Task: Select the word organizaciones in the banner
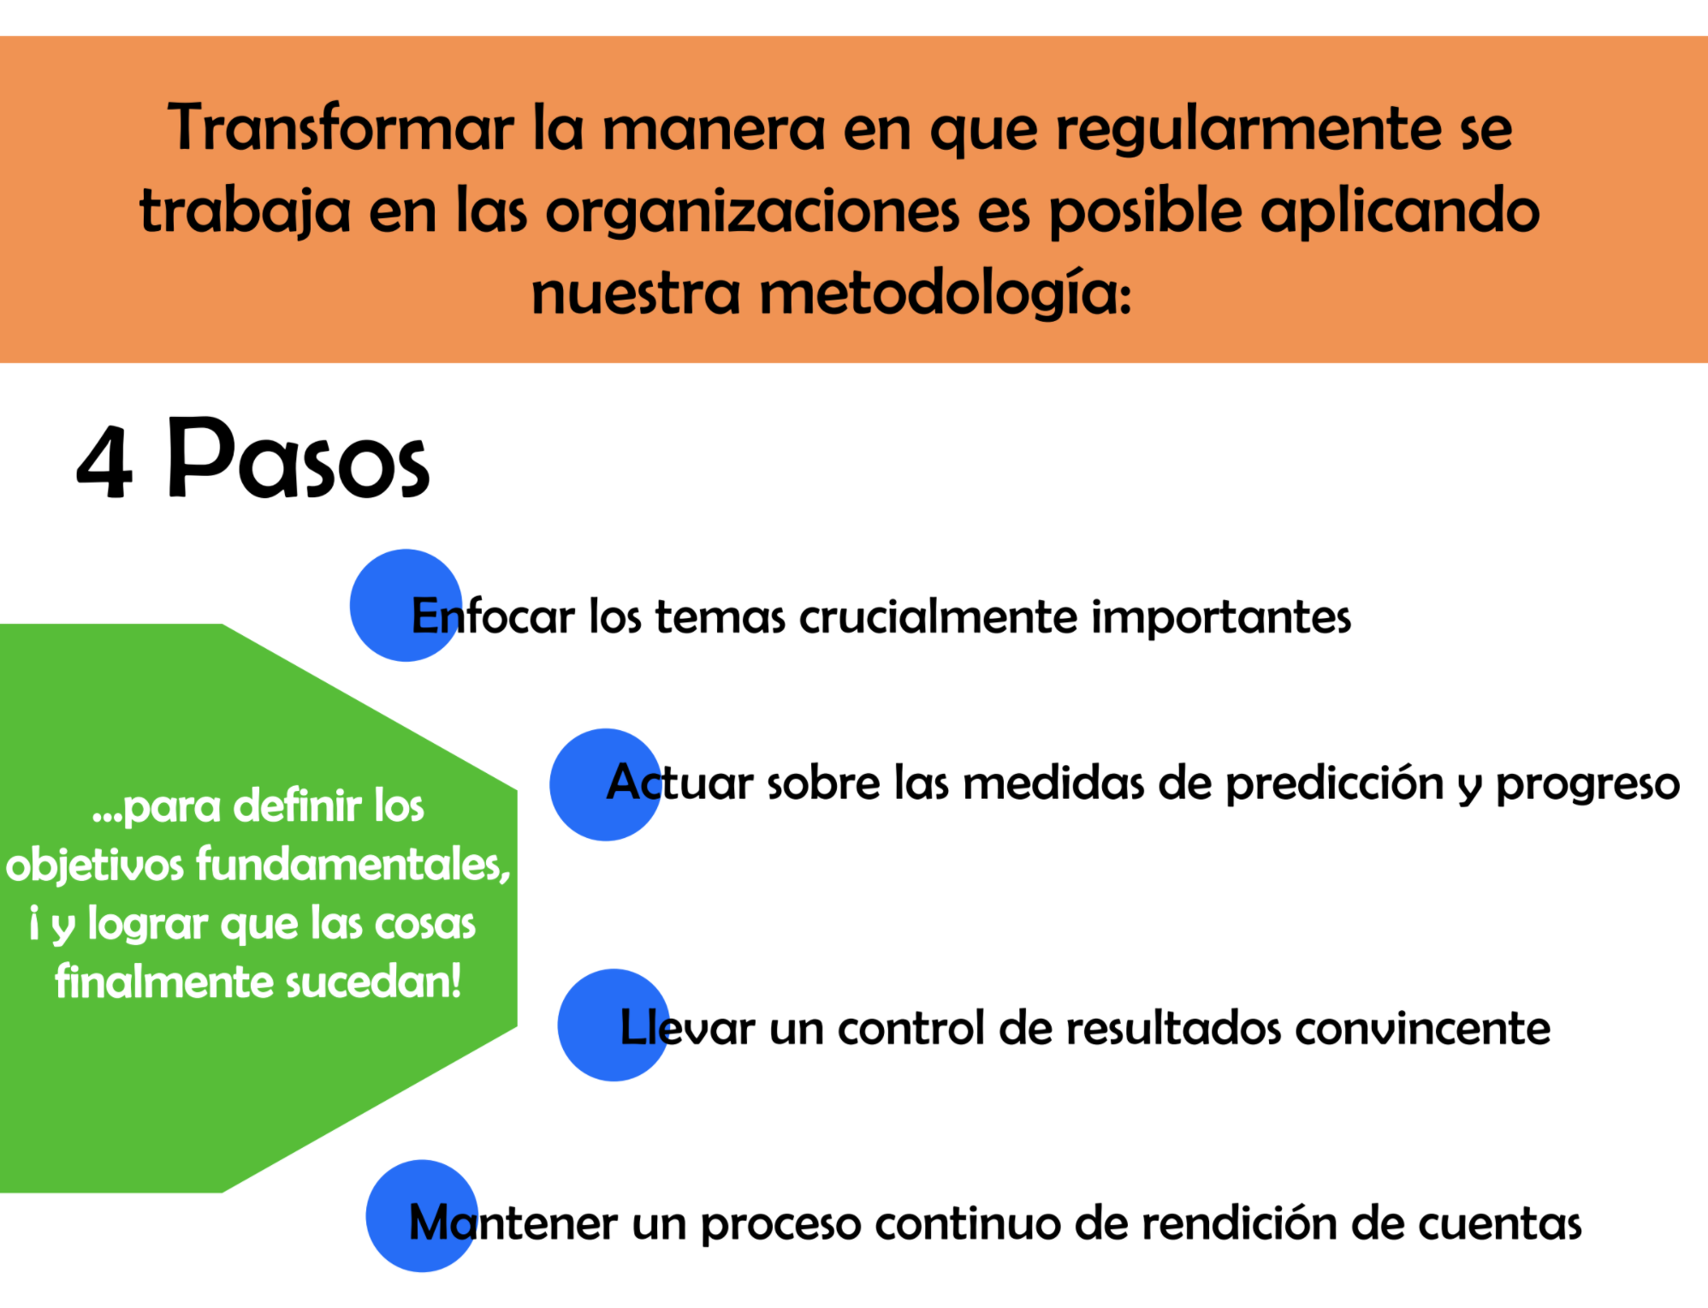click(x=752, y=212)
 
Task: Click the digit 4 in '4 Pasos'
click(x=105, y=462)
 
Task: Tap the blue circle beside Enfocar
click(x=406, y=605)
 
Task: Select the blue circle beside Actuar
click(x=606, y=784)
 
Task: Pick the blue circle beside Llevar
click(x=614, y=1025)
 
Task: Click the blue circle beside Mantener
click(x=422, y=1216)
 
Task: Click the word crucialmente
click(x=939, y=616)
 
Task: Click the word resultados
click(x=1174, y=1027)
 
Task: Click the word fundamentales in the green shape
click(x=353, y=865)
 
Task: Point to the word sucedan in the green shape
click(x=373, y=981)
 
